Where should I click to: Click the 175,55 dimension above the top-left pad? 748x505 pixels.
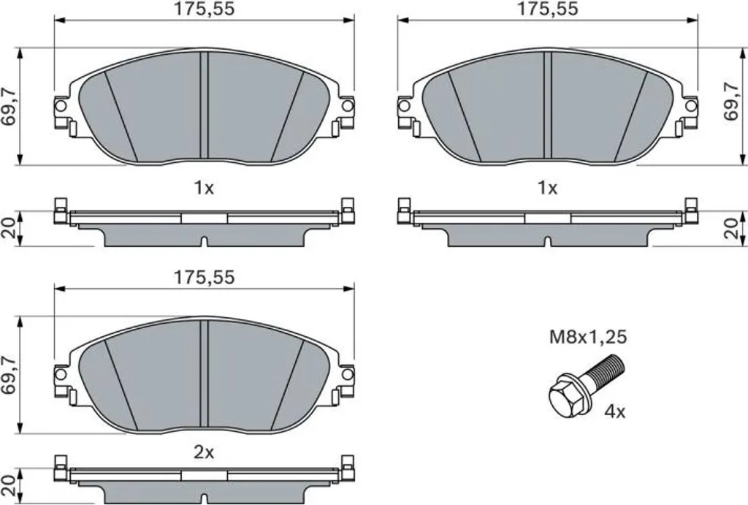pyautogui.click(x=204, y=9)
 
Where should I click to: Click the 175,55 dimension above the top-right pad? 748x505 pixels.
pyautogui.click(x=547, y=9)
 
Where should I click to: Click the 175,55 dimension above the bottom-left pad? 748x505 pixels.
pyautogui.click(x=204, y=277)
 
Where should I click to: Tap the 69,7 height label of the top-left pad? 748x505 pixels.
pyautogui.click(x=9, y=107)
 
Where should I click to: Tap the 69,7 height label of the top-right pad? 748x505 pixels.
pyautogui.click(x=730, y=101)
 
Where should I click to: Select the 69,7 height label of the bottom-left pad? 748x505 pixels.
pyautogui.click(x=9, y=375)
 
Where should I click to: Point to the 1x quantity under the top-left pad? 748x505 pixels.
pyautogui.click(x=204, y=189)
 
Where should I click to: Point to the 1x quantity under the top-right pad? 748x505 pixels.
pyautogui.click(x=547, y=189)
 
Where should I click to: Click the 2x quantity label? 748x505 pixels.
pyautogui.click(x=204, y=452)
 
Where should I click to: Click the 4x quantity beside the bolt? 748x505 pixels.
pyautogui.click(x=614, y=411)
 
